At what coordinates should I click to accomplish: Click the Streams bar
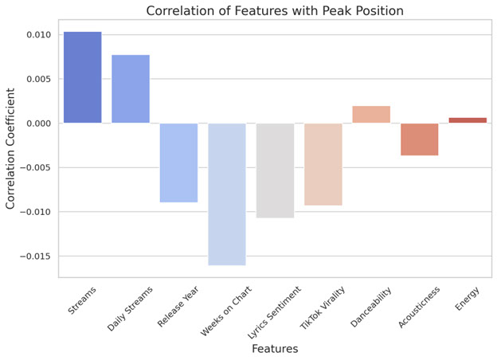point(82,77)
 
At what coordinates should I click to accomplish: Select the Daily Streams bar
point(131,88)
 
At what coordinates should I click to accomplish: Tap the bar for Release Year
point(178,162)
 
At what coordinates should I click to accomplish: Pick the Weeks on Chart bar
point(227,194)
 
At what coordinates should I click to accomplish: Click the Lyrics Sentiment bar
point(275,170)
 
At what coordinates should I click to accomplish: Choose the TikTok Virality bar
point(323,164)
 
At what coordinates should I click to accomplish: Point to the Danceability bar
point(371,115)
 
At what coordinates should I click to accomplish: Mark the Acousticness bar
point(419,139)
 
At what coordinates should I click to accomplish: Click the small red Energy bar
point(468,120)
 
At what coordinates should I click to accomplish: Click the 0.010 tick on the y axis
point(37,35)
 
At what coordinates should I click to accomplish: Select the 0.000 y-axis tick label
point(37,123)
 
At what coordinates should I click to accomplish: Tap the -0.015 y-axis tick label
point(35,256)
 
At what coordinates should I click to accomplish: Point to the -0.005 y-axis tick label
point(35,168)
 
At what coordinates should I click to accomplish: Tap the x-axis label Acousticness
point(418,307)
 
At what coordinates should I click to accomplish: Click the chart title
point(275,10)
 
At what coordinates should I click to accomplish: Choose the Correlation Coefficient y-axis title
point(11,149)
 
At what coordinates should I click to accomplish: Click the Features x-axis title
point(275,349)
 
